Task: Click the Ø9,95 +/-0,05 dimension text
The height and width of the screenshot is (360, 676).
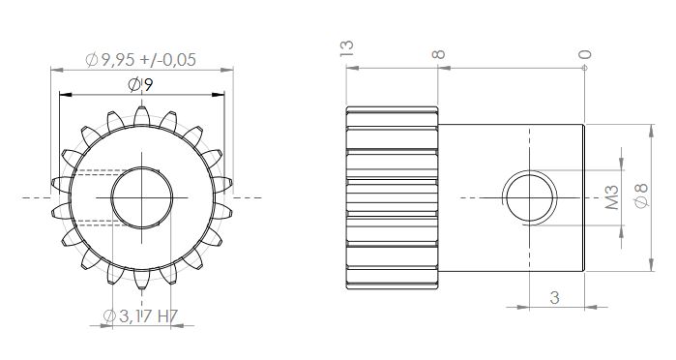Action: (x=140, y=60)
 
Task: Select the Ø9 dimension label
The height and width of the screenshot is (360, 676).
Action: (x=140, y=84)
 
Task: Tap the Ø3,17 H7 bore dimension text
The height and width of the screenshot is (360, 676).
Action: (x=140, y=316)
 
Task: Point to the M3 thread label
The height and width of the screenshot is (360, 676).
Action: (x=612, y=197)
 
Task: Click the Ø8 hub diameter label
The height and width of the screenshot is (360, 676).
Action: (x=641, y=195)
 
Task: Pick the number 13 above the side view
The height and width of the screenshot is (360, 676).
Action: (x=346, y=48)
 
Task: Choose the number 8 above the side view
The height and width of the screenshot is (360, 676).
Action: (x=438, y=54)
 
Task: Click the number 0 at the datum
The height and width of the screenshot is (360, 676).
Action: (x=584, y=54)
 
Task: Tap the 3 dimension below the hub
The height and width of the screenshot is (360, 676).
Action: (x=555, y=297)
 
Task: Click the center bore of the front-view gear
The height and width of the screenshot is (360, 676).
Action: (x=142, y=197)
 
